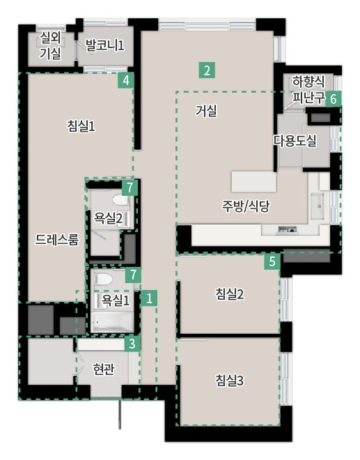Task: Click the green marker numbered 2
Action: click(x=207, y=70)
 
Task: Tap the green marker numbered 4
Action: click(x=126, y=80)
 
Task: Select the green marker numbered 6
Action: click(x=334, y=99)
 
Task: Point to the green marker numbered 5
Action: click(x=272, y=261)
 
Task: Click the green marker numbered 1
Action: click(x=149, y=298)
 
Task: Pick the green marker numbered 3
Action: click(x=132, y=344)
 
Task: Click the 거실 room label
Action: click(x=206, y=111)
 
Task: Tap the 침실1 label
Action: click(x=81, y=126)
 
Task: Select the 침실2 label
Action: click(x=230, y=293)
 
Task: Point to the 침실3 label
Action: click(x=230, y=381)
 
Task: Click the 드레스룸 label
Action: click(x=57, y=240)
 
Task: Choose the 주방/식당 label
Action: click(x=246, y=206)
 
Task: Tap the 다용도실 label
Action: click(x=295, y=141)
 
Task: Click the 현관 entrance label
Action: click(x=103, y=369)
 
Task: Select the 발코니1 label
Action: click(x=104, y=45)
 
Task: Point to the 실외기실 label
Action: click(x=50, y=45)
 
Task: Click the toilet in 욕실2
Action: click(x=120, y=200)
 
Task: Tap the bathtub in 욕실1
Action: click(x=112, y=322)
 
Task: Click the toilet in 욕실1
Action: click(x=104, y=279)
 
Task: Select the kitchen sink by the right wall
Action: click(x=318, y=206)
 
